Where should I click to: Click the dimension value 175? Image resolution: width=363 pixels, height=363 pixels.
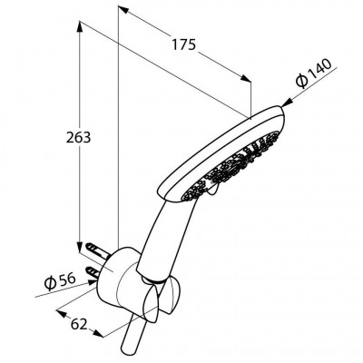tap(184, 44)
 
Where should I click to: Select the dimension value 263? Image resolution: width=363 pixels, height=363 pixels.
tap(78, 138)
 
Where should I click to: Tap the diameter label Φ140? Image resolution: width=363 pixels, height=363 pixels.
tap(314, 74)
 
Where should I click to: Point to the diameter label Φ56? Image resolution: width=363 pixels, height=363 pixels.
tap(60, 281)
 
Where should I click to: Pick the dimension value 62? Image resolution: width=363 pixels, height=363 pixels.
tap(79, 325)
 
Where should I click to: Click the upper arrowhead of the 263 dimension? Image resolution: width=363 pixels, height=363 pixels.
tap(80, 26)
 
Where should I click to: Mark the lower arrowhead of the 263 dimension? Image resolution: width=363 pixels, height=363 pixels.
tap(80, 247)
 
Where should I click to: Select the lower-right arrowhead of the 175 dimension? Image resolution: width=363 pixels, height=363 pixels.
tap(246, 78)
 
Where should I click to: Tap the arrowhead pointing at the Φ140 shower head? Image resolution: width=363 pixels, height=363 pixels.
tap(285, 103)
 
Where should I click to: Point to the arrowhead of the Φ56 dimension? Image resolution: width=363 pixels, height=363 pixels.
tap(93, 282)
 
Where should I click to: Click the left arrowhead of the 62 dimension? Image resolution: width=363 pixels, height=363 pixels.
tap(62, 313)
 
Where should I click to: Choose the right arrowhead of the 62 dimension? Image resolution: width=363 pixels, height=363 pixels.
tap(98, 333)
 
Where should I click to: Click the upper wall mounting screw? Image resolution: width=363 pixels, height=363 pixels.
tap(96, 249)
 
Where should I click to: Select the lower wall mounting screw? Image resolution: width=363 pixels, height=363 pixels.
tap(93, 270)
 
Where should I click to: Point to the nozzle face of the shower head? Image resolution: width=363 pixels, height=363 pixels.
tap(233, 166)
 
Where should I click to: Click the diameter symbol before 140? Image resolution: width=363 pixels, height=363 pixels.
tap(302, 81)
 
